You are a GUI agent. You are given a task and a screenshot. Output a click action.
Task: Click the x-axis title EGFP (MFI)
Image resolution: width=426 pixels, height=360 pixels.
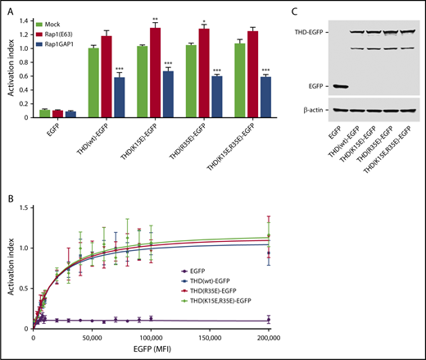tap(151, 351)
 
